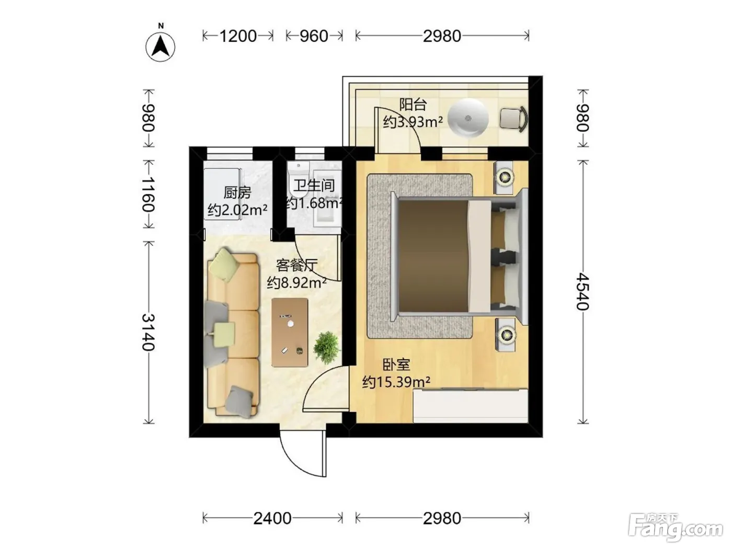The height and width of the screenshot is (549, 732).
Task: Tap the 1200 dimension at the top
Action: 238,36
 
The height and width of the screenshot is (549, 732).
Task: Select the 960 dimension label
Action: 314,36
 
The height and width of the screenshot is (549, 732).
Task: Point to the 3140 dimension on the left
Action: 148,333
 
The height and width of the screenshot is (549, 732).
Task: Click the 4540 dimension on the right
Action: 583,292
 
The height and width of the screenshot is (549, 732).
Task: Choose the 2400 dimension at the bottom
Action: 272,518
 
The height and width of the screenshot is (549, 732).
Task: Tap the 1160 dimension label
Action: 148,195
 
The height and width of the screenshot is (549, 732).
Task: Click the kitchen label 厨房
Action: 237,193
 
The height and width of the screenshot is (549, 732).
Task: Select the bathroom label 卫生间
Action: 314,185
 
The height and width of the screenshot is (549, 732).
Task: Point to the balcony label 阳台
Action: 413,105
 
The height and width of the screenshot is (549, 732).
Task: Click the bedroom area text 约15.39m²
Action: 396,382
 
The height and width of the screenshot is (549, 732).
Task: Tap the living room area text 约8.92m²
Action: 296,283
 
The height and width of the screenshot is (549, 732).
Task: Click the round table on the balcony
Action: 468,118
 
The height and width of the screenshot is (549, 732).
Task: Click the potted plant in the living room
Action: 326,348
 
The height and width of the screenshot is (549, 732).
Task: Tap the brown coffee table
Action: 290,333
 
